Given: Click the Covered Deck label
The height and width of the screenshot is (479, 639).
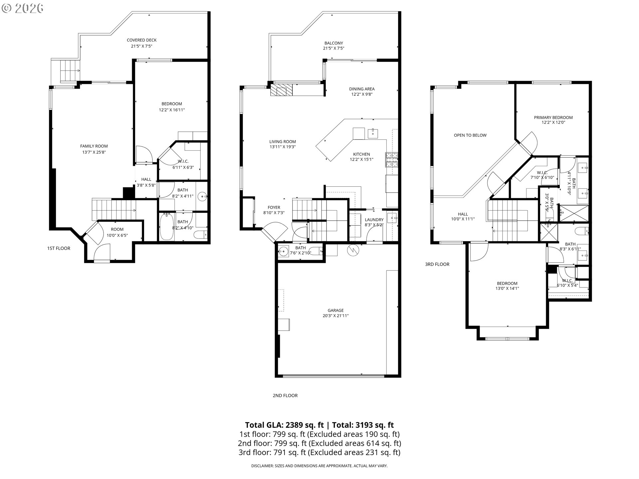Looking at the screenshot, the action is tap(141, 40).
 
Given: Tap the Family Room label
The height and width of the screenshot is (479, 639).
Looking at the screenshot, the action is tap(94, 146).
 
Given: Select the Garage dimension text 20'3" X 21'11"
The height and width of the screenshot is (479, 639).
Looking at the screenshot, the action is tap(335, 316).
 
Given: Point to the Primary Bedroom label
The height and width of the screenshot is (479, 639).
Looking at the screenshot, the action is tap(553, 117).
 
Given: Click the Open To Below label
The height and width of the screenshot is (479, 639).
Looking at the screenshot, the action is tap(470, 135).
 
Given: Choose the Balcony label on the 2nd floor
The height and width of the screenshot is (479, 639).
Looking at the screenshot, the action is tap(333, 43).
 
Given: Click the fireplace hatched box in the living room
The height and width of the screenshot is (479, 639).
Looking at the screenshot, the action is tap(281, 90).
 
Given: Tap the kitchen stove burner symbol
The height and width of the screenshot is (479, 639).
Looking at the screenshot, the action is tap(392, 159).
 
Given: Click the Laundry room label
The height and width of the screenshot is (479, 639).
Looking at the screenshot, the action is tap(374, 220).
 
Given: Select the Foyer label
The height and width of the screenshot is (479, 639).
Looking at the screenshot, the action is tap(274, 208).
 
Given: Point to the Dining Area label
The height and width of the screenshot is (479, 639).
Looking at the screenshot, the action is tap(362, 89).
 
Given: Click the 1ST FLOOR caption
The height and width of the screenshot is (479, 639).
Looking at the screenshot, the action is tap(59, 248).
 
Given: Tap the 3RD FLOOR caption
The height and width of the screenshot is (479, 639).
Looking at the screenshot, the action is tap(437, 264).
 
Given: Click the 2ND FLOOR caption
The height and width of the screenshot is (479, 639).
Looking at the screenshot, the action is tap(285, 396).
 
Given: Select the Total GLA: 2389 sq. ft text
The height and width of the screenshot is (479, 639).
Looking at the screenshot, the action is tap(284, 425).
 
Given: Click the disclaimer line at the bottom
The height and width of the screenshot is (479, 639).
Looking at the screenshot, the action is tap(319, 466).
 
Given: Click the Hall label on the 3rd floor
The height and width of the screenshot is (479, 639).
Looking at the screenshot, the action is tap(463, 214).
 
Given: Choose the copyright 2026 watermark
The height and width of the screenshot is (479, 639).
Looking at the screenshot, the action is tap(23, 8).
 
